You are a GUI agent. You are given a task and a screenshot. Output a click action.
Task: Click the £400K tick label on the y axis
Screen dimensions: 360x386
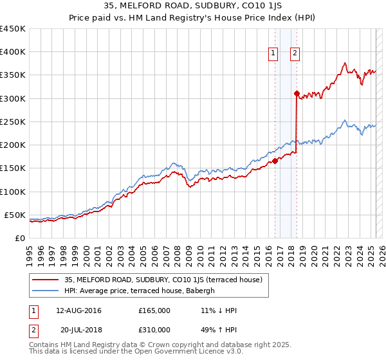(x=13, y=52)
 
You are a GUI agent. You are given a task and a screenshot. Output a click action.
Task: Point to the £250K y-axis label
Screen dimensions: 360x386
(x=13, y=122)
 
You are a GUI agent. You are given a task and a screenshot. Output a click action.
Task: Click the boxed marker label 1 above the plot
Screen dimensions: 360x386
(x=273, y=54)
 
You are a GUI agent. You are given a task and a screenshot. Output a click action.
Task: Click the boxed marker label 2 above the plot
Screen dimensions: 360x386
(x=295, y=54)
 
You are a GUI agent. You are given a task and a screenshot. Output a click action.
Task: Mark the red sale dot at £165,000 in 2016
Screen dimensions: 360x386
(x=275, y=161)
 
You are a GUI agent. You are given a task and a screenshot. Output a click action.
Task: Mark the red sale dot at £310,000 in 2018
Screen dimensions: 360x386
(x=297, y=94)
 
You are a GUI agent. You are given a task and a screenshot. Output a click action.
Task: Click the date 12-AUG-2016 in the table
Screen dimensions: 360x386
(x=79, y=310)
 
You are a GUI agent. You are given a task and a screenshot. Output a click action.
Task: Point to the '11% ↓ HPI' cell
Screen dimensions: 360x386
(x=219, y=310)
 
